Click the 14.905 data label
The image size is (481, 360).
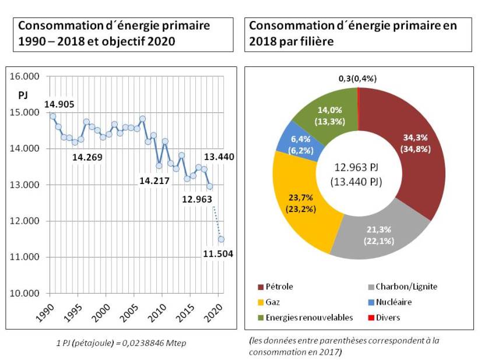(58, 104)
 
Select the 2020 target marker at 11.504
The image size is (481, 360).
(221, 239)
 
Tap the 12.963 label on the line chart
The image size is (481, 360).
(196, 199)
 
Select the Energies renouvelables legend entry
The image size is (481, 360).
(306, 317)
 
